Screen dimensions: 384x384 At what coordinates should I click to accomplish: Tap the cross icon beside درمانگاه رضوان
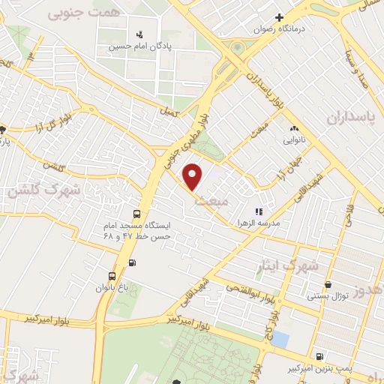tap(279, 17)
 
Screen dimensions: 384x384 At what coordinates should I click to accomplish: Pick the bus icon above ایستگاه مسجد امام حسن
tap(136, 214)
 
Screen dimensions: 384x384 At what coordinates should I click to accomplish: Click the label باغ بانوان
tap(112, 287)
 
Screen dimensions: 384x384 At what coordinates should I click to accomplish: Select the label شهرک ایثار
tap(293, 266)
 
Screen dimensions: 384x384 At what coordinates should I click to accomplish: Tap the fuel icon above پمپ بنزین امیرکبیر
tap(321, 356)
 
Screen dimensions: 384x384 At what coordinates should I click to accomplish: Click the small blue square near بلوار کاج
tap(280, 339)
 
